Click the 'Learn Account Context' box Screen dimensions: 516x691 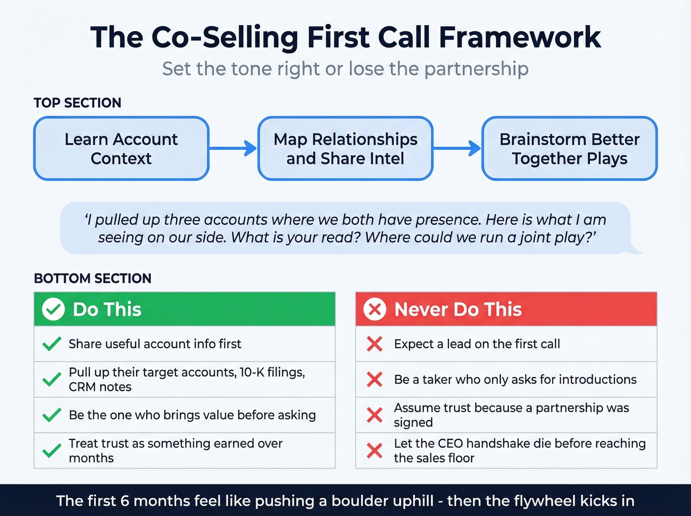click(x=121, y=149)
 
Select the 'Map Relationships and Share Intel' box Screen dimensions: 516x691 click(x=345, y=149)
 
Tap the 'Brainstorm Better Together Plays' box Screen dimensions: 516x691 click(x=570, y=149)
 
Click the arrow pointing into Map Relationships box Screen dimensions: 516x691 click(x=233, y=148)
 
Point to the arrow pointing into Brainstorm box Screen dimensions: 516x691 click(x=457, y=148)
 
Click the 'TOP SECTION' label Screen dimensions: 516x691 click(x=77, y=103)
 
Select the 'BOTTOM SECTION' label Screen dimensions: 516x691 click(x=93, y=278)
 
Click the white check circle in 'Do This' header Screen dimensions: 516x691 click(x=53, y=310)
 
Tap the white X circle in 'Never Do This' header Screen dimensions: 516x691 click(x=375, y=310)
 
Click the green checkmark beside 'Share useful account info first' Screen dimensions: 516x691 click(x=52, y=344)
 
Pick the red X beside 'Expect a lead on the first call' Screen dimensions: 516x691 click(x=375, y=344)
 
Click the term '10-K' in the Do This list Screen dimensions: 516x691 click(x=252, y=372)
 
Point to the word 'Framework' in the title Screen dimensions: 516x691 click(x=520, y=38)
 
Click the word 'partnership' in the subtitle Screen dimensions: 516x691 click(x=476, y=69)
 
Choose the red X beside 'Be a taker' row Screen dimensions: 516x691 click(x=375, y=379)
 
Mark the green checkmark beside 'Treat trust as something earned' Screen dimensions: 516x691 click(x=52, y=450)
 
